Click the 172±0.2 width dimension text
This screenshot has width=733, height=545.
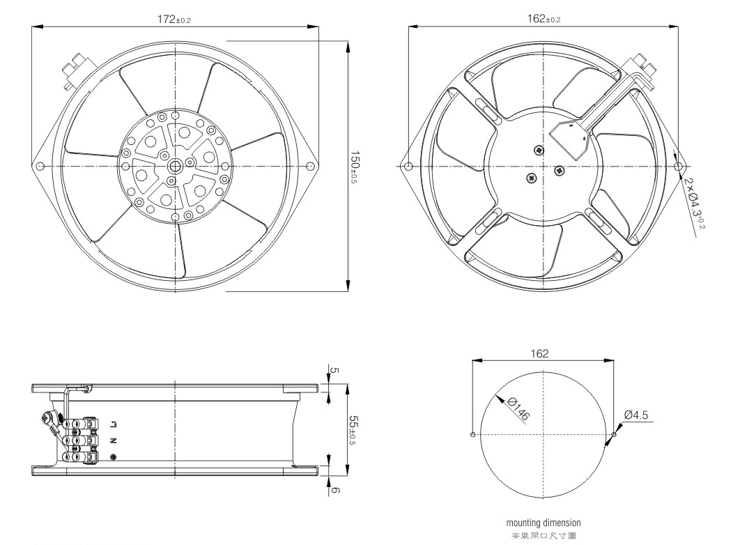pos(174,20)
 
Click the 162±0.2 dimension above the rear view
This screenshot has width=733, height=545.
pos(543,19)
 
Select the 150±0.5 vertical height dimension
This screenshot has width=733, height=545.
pos(355,167)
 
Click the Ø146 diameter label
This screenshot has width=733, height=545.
pos(518,409)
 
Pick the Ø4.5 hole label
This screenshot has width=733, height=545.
pos(636,415)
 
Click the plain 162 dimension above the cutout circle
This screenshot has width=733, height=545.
pos(539,353)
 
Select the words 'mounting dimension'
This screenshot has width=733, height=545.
pos(543,523)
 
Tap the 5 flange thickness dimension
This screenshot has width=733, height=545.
pos(334,370)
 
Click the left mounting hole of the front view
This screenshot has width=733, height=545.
pos(40,167)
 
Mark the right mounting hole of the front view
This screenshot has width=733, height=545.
pos(309,167)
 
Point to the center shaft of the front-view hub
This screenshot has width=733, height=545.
pos(176,167)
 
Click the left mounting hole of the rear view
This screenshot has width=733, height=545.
pos(408,167)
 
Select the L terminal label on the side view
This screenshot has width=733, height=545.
pos(113,425)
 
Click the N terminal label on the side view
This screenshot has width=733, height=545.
pos(113,440)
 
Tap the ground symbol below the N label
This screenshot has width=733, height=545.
pos(113,457)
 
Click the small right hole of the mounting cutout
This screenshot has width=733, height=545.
pos(614,435)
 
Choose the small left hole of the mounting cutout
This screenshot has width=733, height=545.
pos(472,435)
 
